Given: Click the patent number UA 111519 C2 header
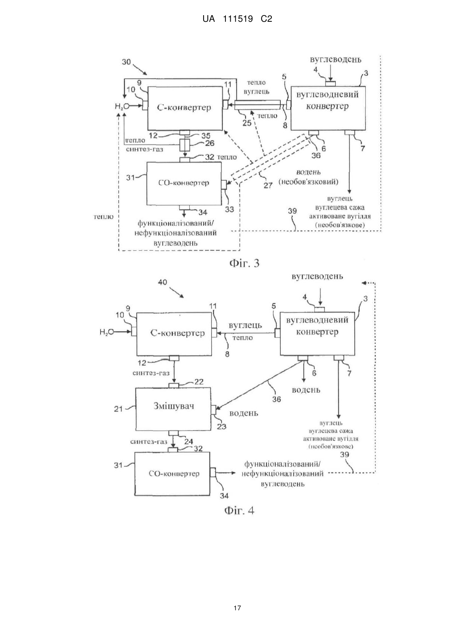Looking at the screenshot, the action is coord(237,19).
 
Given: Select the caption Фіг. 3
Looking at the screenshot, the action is coord(245,263).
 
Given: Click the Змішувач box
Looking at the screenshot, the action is coord(173,408).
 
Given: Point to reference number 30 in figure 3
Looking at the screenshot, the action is coord(126,62).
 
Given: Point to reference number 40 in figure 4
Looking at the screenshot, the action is coord(162,282).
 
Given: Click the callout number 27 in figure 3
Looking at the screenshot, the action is coord(268,185).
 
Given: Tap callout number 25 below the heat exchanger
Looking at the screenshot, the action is coord(247,123).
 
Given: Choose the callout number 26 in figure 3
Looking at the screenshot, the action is coord(209,143).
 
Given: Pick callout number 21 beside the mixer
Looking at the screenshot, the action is coord(118,409).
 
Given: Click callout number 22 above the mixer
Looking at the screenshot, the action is coord(199,382).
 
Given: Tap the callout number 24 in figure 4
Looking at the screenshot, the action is coord(188,442).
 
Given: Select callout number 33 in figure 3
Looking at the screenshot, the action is coord(229,209).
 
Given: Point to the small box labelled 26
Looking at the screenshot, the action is coord(184,145).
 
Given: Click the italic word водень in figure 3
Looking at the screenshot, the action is coord(308,172).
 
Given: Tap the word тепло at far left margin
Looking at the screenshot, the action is coord(104,217).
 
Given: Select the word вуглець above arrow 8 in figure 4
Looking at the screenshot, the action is coord(245,325).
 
